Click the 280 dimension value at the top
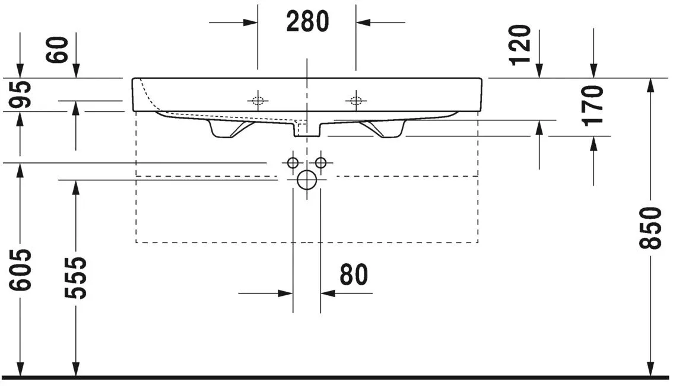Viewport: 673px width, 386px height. coord(307,22)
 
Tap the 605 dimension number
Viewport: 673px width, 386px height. coord(21,270)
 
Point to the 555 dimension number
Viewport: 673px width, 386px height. coord(76,277)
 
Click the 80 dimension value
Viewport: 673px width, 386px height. coord(354,275)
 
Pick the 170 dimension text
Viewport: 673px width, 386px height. coord(592,105)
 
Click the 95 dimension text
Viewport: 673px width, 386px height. coord(21,94)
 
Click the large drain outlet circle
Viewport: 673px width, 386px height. coord(306,179)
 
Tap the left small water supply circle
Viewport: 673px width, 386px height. coord(292,162)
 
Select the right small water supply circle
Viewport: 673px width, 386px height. coord(321,162)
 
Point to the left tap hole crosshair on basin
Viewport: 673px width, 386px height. coord(258,100)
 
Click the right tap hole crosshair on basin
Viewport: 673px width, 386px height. coord(355,100)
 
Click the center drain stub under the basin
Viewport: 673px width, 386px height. coord(306,129)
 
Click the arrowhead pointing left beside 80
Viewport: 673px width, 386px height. coord(328,293)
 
